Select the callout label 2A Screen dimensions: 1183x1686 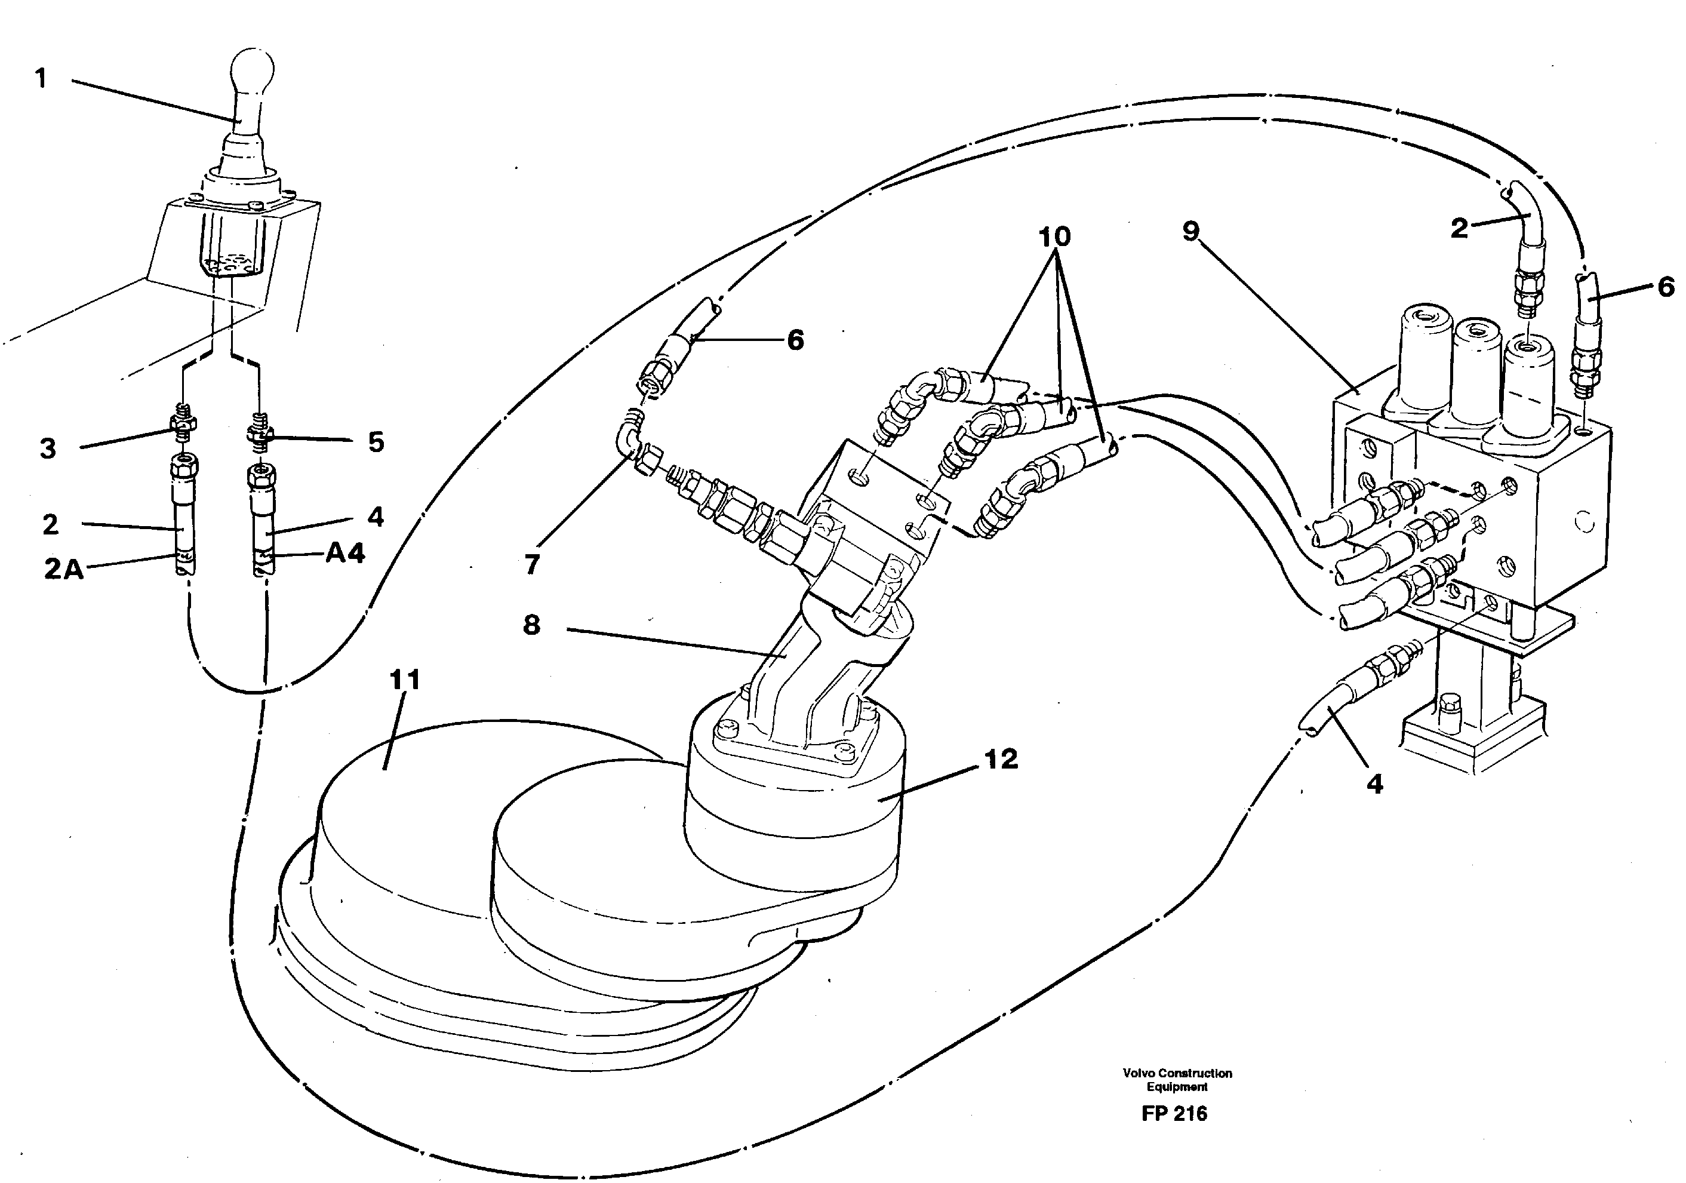(63, 569)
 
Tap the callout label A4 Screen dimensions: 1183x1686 (344, 554)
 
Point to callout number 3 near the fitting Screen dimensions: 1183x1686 (48, 448)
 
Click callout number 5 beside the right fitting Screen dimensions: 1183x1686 (376, 442)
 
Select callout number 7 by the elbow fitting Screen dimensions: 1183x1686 (533, 564)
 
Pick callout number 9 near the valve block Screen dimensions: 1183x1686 (1190, 231)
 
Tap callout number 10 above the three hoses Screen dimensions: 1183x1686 (1054, 236)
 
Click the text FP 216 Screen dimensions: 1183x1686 (1174, 1114)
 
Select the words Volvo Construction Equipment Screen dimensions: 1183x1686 (1177, 1080)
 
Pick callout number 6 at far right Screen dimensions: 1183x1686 (1666, 287)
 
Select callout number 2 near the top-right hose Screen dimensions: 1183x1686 (1459, 228)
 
